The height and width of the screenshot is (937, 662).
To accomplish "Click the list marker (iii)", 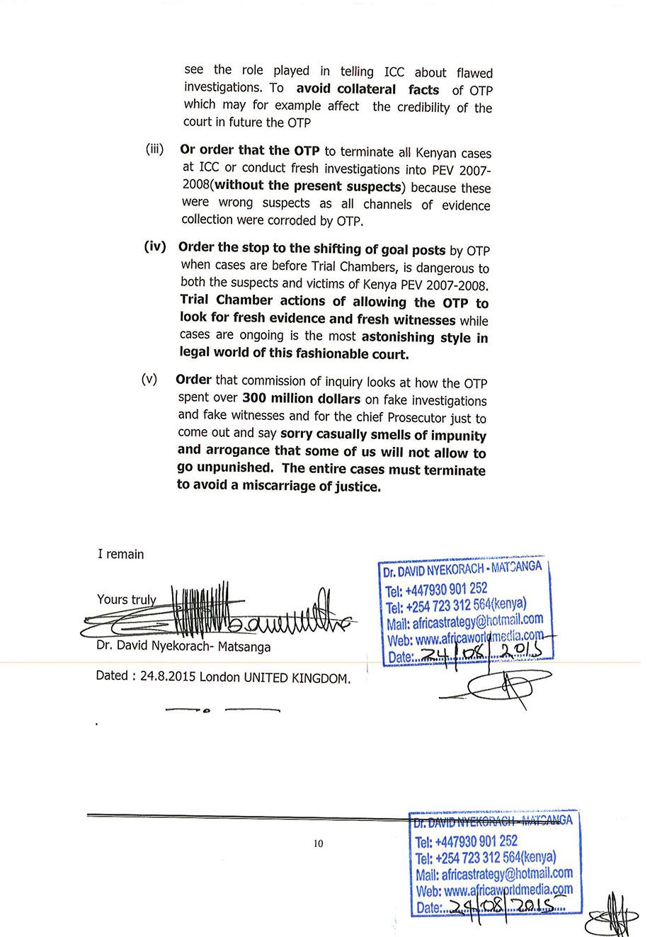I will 154,149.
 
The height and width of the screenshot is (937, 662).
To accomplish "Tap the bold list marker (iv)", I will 154,246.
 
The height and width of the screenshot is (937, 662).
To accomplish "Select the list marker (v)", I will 149,379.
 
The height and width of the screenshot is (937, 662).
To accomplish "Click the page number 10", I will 318,844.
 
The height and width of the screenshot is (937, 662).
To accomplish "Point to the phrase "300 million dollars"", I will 301,399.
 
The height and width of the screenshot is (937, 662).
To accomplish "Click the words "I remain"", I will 120,554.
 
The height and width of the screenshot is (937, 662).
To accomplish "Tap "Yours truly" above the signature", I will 126,600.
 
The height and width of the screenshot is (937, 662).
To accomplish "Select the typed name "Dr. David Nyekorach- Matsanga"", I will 183,646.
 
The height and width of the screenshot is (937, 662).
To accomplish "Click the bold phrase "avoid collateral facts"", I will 367,89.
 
